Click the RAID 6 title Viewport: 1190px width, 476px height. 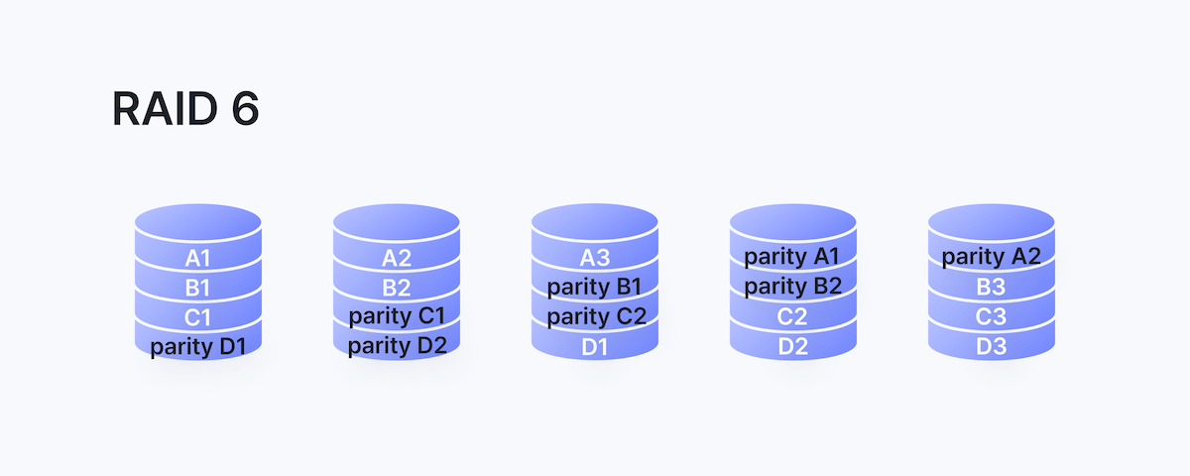pos(185,109)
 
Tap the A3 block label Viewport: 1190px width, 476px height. pos(595,258)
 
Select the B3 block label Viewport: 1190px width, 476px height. pos(992,288)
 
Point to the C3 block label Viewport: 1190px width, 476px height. pos(992,317)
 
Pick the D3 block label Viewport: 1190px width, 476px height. pos(992,347)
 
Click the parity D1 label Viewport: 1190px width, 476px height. pos(198,348)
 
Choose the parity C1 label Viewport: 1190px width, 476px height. pos(397,317)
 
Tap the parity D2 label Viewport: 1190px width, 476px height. pos(397,347)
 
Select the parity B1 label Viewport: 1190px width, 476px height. pos(595,288)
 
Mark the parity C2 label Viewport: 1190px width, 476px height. pos(595,317)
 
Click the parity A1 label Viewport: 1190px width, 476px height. pos(793,257)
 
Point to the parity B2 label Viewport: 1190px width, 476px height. pos(793,287)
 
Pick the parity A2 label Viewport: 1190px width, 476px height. pos(992,257)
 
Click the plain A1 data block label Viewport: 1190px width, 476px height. pos(198,259)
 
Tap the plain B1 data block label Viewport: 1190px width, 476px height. pos(198,289)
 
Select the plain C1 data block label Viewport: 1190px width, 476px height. pos(198,318)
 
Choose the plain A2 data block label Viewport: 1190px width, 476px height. pos(397,259)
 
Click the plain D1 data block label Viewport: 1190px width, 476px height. pos(595,347)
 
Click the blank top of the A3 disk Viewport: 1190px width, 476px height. pos(595,221)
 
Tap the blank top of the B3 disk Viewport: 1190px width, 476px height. pos(992,221)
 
